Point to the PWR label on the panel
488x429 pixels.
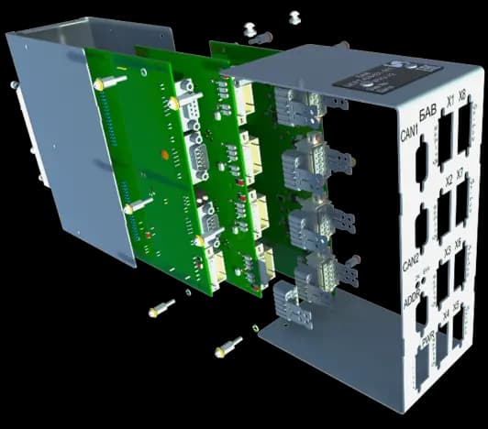(x=426, y=338)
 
